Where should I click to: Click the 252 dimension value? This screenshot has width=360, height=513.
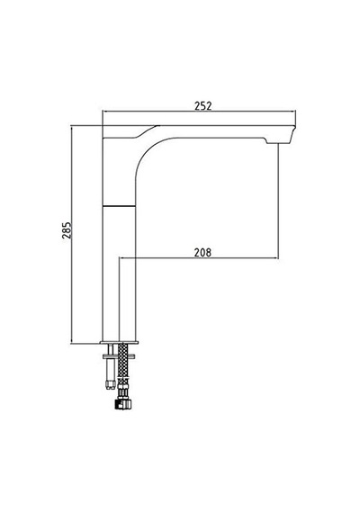tap(203, 106)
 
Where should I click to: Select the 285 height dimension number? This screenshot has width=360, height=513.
tap(67, 230)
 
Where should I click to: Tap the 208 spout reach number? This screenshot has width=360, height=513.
tap(202, 253)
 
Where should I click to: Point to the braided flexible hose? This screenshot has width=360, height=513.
tap(122, 363)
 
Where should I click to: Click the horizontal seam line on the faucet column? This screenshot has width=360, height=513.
tap(119, 206)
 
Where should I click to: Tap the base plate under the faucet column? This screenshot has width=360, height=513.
tap(119, 342)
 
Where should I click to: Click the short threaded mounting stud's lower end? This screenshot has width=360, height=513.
tap(110, 385)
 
